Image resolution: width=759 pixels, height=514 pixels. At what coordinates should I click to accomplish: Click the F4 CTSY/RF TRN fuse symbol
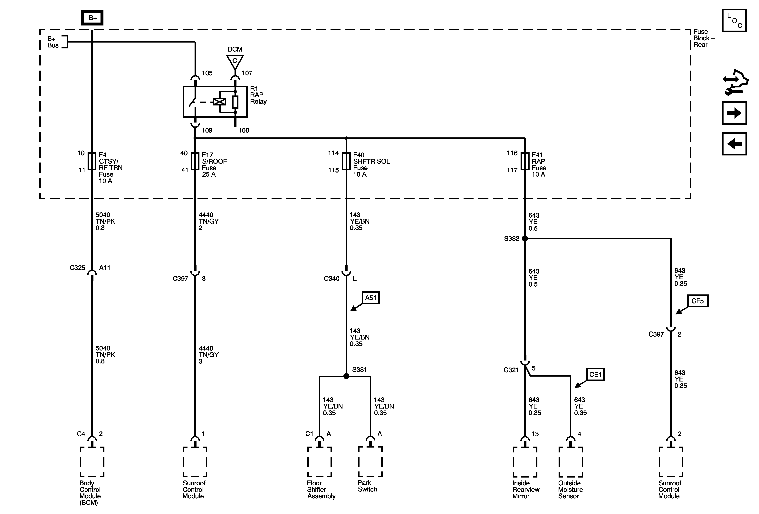pos(92,161)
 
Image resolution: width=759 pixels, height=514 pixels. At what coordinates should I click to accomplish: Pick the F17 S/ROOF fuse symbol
pos(195,161)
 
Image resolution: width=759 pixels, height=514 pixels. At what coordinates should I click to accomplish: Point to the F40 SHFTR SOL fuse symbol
pos(346,161)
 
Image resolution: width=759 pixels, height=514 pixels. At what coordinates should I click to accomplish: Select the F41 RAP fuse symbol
pos(525,161)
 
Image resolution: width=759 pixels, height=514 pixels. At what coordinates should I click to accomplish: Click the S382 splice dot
pos(525,239)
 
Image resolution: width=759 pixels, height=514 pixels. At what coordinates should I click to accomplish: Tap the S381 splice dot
pos(346,376)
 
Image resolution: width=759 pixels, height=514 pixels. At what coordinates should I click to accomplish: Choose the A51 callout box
pos(371,298)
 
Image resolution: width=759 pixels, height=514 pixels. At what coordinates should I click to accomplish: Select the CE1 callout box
pos(595,374)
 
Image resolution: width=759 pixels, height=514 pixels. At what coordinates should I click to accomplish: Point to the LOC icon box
pos(734,20)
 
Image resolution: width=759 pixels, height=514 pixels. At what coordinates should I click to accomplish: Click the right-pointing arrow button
pos(734,113)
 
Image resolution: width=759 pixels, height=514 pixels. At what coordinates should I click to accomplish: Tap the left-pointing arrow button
pos(734,143)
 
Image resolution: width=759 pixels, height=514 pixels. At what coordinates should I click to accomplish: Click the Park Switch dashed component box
pos(370,462)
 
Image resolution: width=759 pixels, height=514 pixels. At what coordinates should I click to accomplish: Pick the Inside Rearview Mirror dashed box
pos(525,462)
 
